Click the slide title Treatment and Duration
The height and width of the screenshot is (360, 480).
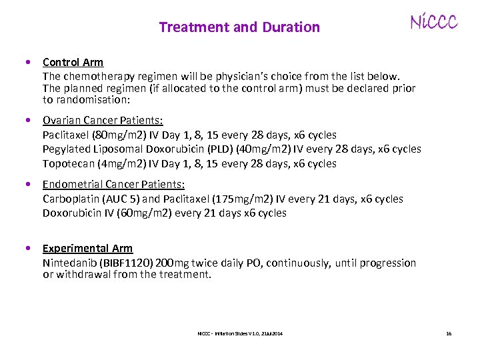tap(239, 27)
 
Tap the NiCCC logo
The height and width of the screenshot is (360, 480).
tap(433, 23)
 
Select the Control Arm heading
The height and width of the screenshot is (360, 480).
tap(73, 62)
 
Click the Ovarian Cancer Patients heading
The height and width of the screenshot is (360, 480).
tap(103, 120)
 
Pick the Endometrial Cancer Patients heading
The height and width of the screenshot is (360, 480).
tap(113, 184)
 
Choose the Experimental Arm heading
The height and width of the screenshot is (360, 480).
tap(87, 248)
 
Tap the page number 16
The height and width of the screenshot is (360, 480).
tap(449, 333)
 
